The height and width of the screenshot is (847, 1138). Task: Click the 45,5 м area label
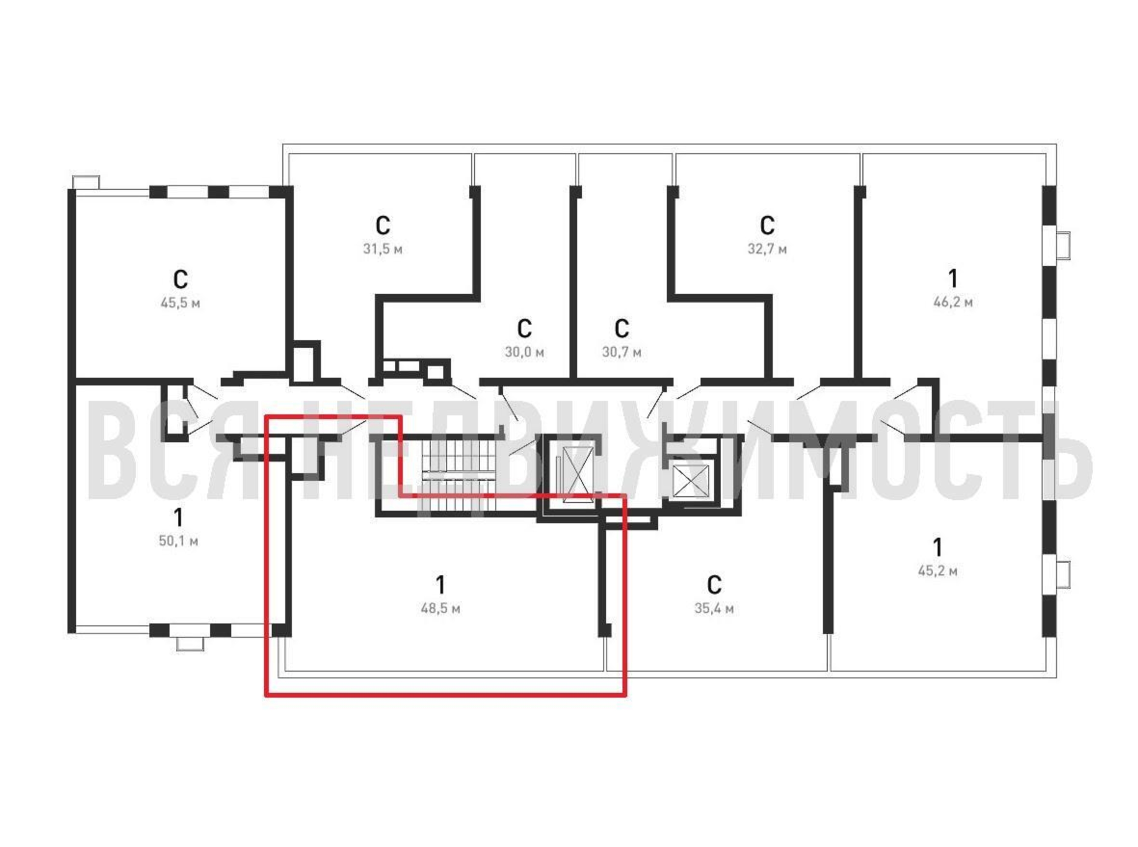pyautogui.click(x=180, y=303)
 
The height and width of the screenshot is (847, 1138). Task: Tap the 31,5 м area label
pyautogui.click(x=382, y=249)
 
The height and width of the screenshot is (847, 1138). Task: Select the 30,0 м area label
pyautogui.click(x=524, y=352)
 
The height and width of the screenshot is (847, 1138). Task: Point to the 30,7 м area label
pyautogui.click(x=621, y=352)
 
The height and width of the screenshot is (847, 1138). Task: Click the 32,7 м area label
pyautogui.click(x=767, y=249)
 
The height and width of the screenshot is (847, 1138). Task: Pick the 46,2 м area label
pyautogui.click(x=952, y=302)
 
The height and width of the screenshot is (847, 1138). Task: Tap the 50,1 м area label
pyautogui.click(x=178, y=541)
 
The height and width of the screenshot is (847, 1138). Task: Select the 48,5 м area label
pyautogui.click(x=440, y=609)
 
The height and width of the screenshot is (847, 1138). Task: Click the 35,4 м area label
pyautogui.click(x=714, y=609)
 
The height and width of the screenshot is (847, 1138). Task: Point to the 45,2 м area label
pyautogui.click(x=937, y=570)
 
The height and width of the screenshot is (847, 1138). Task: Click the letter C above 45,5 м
pyautogui.click(x=180, y=280)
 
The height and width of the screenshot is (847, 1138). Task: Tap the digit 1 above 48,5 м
pyautogui.click(x=440, y=584)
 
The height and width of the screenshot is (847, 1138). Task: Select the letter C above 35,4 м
pyautogui.click(x=714, y=584)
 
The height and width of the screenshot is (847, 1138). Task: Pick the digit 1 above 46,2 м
pyautogui.click(x=952, y=278)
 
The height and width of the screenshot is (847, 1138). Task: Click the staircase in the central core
pyautogui.click(x=459, y=477)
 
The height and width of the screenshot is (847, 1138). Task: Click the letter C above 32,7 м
pyautogui.click(x=767, y=225)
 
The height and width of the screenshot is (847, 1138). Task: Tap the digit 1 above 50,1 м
pyautogui.click(x=178, y=518)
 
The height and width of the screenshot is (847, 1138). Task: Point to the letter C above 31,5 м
pyautogui.click(x=382, y=225)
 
